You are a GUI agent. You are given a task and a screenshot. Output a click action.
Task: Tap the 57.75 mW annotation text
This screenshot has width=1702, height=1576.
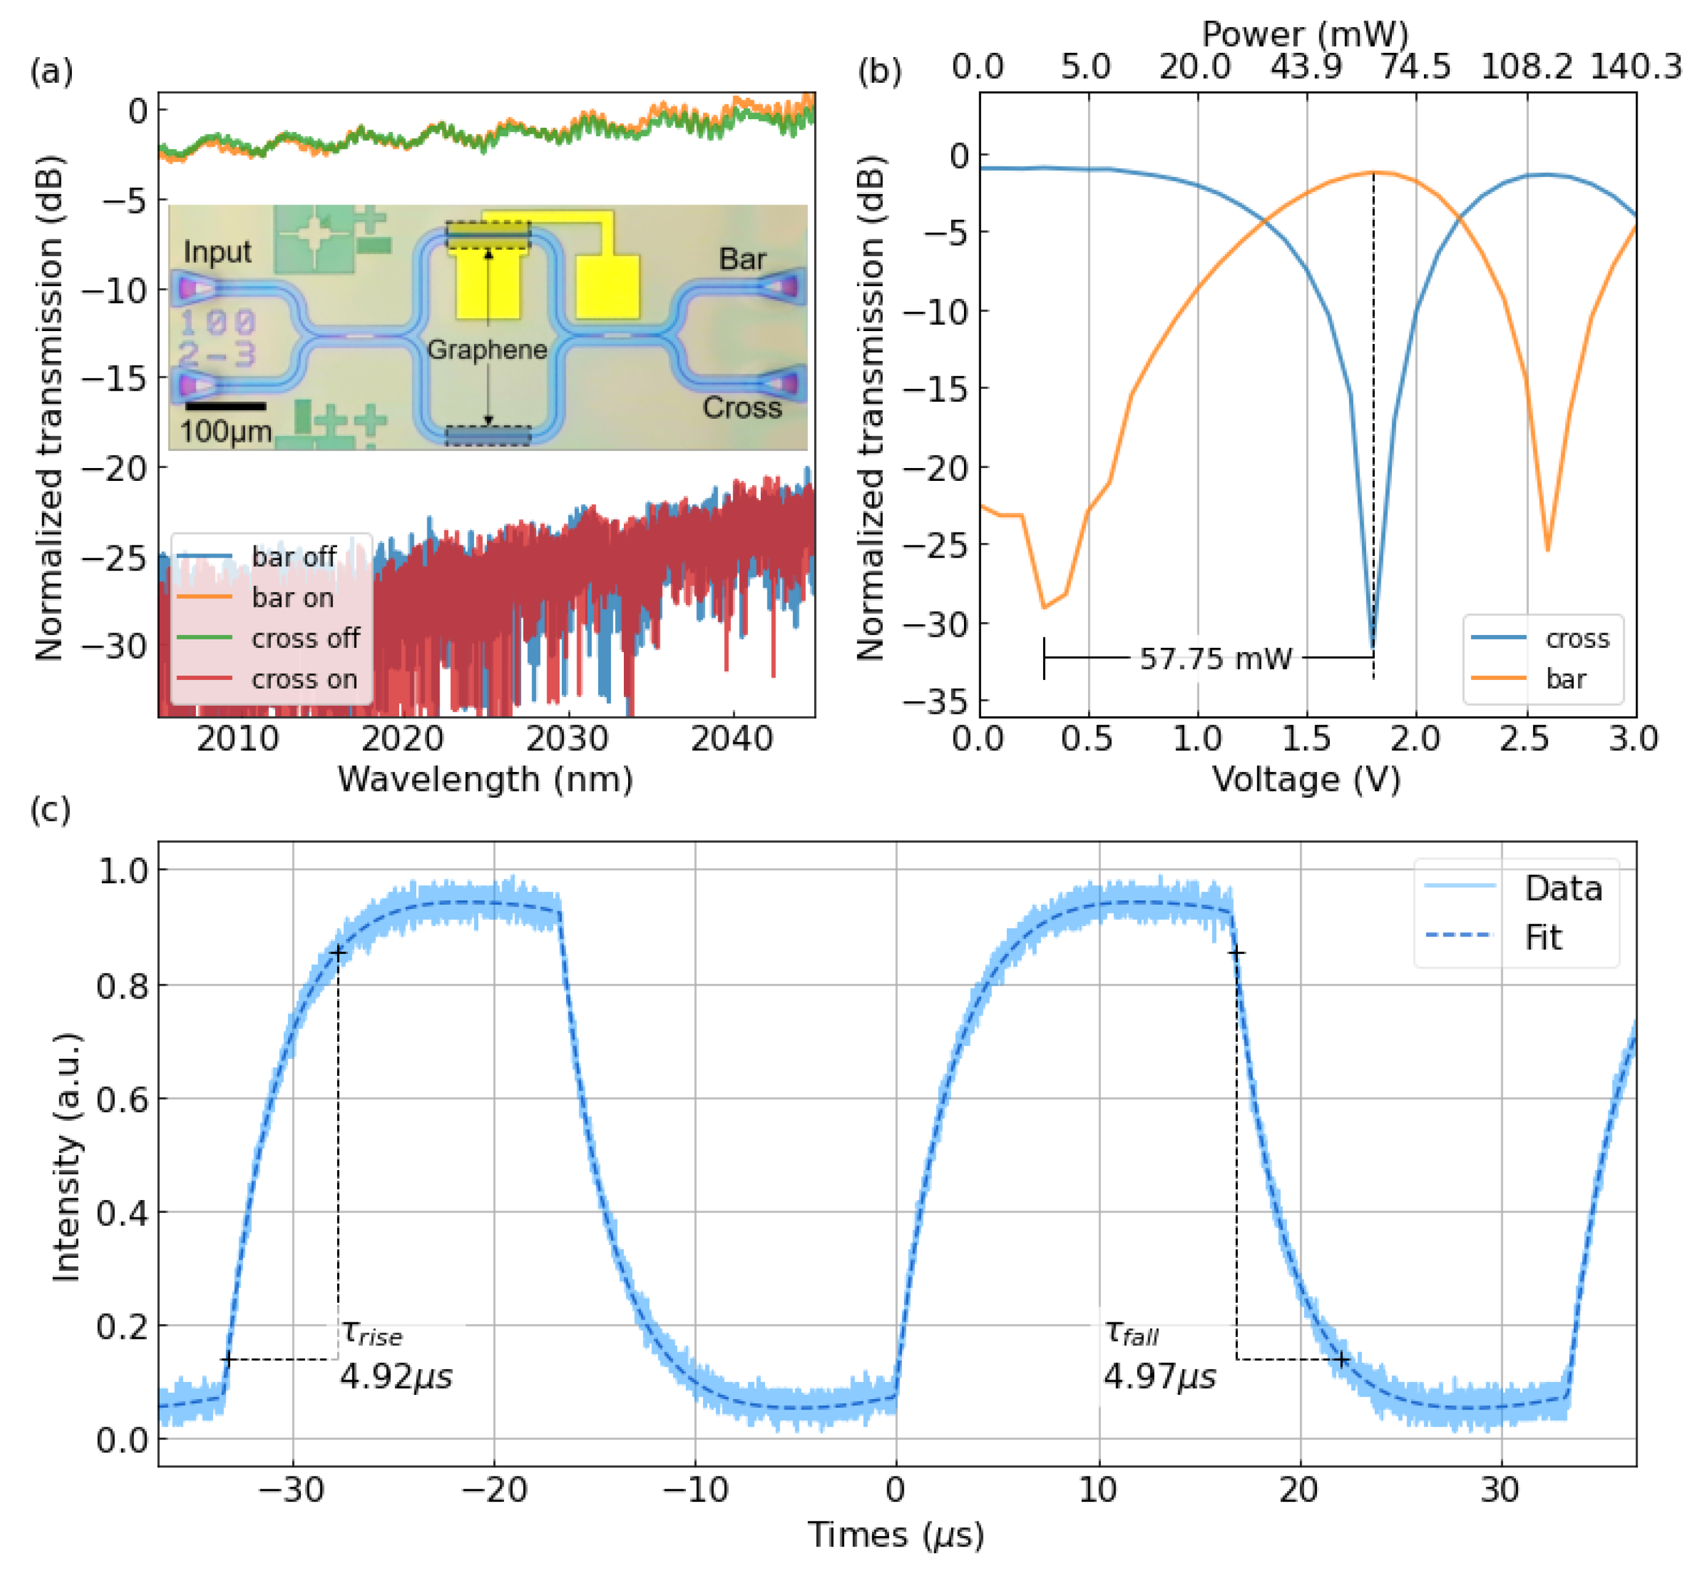click(x=1215, y=658)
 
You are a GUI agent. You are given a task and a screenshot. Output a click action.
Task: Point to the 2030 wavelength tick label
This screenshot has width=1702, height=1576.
click(x=567, y=738)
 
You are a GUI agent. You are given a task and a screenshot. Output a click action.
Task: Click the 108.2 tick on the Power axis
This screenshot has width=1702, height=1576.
click(x=1526, y=66)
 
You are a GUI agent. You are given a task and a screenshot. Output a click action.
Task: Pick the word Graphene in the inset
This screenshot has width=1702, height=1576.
click(x=487, y=349)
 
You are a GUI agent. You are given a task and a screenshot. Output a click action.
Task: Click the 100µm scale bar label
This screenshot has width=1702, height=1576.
click(x=226, y=432)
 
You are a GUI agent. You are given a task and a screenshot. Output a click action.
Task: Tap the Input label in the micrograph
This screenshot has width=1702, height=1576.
click(x=217, y=252)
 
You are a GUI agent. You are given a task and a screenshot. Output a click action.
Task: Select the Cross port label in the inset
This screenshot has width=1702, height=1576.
click(x=742, y=408)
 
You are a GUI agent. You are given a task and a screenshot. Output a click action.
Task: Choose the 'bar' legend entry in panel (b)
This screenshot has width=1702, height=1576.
click(x=1564, y=680)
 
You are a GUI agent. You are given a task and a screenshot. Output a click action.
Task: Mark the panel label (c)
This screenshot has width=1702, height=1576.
click(x=50, y=808)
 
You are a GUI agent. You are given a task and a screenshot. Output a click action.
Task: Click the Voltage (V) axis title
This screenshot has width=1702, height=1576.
click(x=1307, y=779)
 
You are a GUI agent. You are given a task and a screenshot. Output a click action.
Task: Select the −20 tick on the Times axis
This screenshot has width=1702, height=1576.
click(x=494, y=1490)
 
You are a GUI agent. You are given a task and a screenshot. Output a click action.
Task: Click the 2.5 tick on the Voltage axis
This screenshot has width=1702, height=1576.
click(x=1524, y=738)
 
